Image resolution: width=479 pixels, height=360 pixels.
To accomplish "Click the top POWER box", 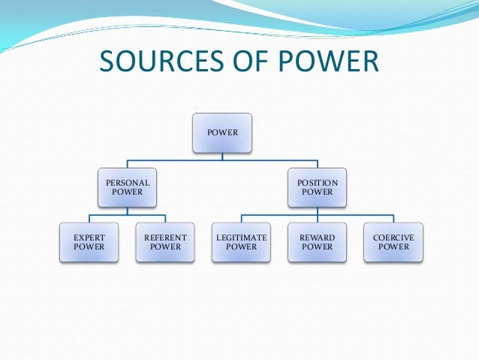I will tap(223, 133).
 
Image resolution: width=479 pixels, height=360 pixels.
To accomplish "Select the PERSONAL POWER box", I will tap(127, 187).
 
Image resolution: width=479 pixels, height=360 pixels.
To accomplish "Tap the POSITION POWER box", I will tap(318, 187).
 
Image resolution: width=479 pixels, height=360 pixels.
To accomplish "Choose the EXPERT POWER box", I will tap(89, 241).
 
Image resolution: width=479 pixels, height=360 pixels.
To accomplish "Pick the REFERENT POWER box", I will tap(165, 241).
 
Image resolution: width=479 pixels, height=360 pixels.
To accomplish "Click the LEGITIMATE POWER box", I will tap(241, 241).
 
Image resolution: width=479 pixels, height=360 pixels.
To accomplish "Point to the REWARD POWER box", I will tap(318, 241).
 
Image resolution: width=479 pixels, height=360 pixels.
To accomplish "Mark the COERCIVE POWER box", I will tap(393, 241).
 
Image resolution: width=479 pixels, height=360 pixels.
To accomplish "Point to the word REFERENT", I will tap(165, 237).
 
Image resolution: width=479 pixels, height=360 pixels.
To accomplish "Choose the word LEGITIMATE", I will tap(241, 237).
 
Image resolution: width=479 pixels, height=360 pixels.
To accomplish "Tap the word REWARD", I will tap(318, 237).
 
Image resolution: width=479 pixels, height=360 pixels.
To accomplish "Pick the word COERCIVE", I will tap(393, 237).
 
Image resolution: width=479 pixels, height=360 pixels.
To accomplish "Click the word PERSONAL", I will tap(127, 183).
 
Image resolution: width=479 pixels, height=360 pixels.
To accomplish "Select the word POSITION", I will tap(318, 183).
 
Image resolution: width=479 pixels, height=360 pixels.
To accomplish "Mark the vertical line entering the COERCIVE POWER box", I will tap(393, 219).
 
